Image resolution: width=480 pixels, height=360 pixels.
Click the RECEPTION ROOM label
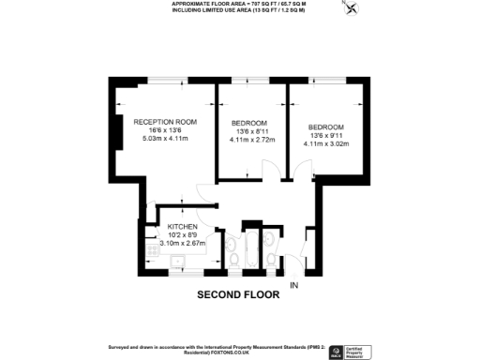tap(164, 122)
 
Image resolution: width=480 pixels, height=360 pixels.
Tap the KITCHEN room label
tap(182, 227)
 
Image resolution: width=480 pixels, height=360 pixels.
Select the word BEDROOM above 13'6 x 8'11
tap(248, 124)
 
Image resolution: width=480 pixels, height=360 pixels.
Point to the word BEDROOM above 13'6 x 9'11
tap(326, 127)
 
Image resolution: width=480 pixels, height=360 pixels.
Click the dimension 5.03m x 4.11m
tap(165, 139)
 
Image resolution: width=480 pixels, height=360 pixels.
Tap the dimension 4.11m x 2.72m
tap(252, 141)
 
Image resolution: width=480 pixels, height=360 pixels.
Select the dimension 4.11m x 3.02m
tap(326, 144)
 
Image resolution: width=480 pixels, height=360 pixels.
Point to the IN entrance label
tap(293, 284)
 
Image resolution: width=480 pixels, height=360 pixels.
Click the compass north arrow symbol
tap(352, 9)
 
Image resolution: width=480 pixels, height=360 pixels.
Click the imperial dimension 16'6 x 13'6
tap(165, 130)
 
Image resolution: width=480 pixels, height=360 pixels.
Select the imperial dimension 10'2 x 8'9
tap(182, 235)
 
